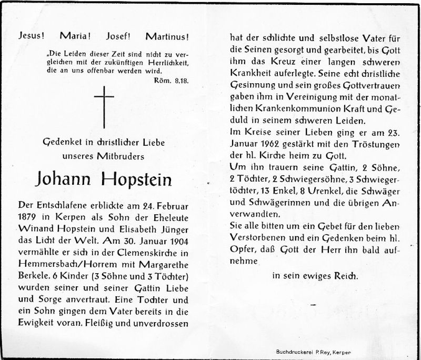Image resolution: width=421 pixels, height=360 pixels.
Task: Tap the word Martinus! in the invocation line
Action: point(167,37)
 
